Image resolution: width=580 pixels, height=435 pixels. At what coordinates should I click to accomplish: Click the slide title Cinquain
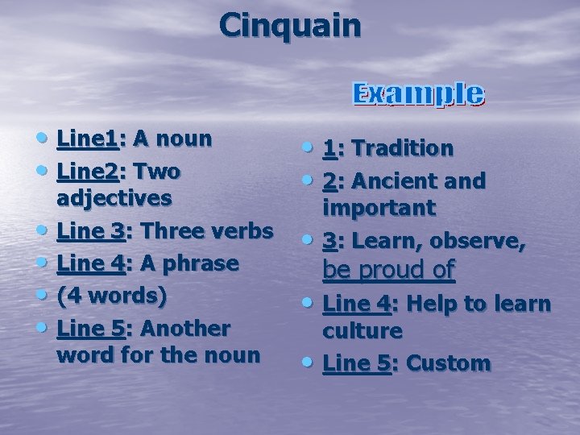tap(290, 26)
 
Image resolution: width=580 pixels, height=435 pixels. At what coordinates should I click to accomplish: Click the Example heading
tap(419, 94)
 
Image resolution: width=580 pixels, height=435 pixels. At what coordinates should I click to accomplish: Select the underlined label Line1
tap(87, 139)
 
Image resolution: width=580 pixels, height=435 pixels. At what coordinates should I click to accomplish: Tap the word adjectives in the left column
tap(114, 198)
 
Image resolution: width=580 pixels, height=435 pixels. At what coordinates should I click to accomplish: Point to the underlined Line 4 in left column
tap(91, 263)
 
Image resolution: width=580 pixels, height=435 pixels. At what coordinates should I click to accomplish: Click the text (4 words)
tap(112, 296)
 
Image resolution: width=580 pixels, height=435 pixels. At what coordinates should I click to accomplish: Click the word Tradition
tap(403, 148)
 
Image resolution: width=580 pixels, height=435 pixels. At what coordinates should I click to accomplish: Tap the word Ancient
tap(395, 181)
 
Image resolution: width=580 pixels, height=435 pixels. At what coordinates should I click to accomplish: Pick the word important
tap(379, 208)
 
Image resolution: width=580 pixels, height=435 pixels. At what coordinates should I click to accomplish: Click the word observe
tap(489, 241)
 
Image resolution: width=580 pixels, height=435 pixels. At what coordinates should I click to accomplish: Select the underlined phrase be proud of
tap(388, 271)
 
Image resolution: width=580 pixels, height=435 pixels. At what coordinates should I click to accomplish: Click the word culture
tap(362, 331)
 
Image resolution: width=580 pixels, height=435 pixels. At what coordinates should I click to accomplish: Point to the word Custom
tap(448, 364)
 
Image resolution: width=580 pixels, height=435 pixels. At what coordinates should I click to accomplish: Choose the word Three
tap(172, 231)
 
